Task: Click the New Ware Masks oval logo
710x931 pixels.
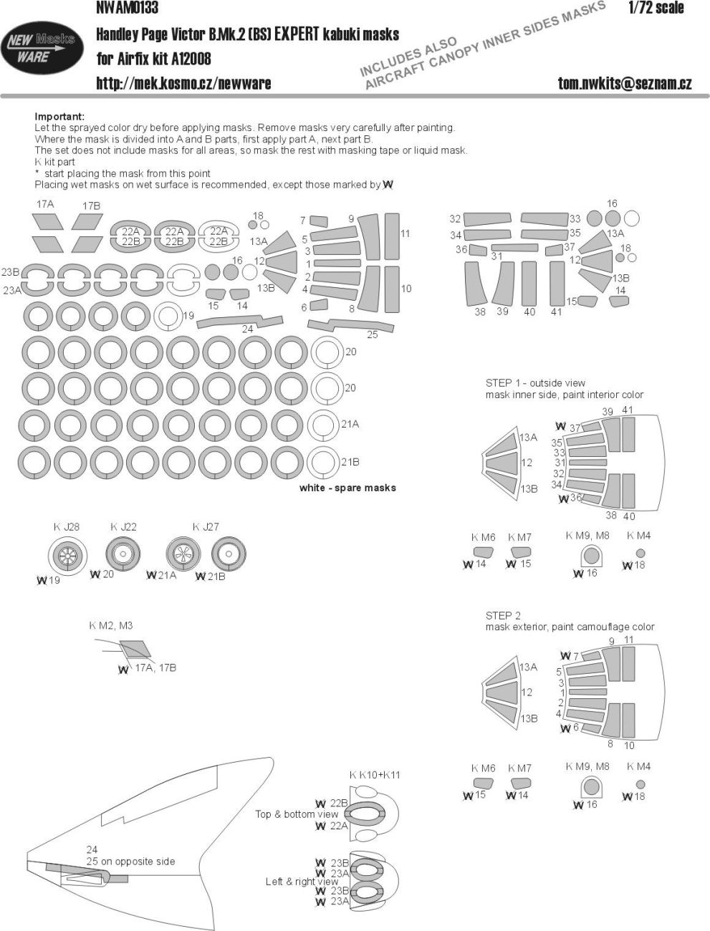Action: point(40,49)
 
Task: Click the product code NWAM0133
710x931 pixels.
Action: point(127,9)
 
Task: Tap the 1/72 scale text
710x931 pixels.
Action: point(656,9)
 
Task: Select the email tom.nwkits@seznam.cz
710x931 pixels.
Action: point(625,83)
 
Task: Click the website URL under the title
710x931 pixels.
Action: point(183,83)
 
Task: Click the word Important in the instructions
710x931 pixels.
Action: point(59,117)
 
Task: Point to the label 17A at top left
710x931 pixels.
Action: point(44,204)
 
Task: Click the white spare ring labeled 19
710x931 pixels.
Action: point(167,316)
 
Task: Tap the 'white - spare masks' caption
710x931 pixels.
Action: point(347,488)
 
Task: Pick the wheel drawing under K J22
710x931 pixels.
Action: point(123,554)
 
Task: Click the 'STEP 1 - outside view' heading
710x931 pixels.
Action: point(534,383)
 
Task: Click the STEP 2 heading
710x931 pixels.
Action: point(503,615)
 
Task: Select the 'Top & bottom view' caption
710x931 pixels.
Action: point(297,814)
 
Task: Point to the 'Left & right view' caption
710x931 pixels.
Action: point(302,882)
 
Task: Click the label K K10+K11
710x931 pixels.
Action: point(374,775)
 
